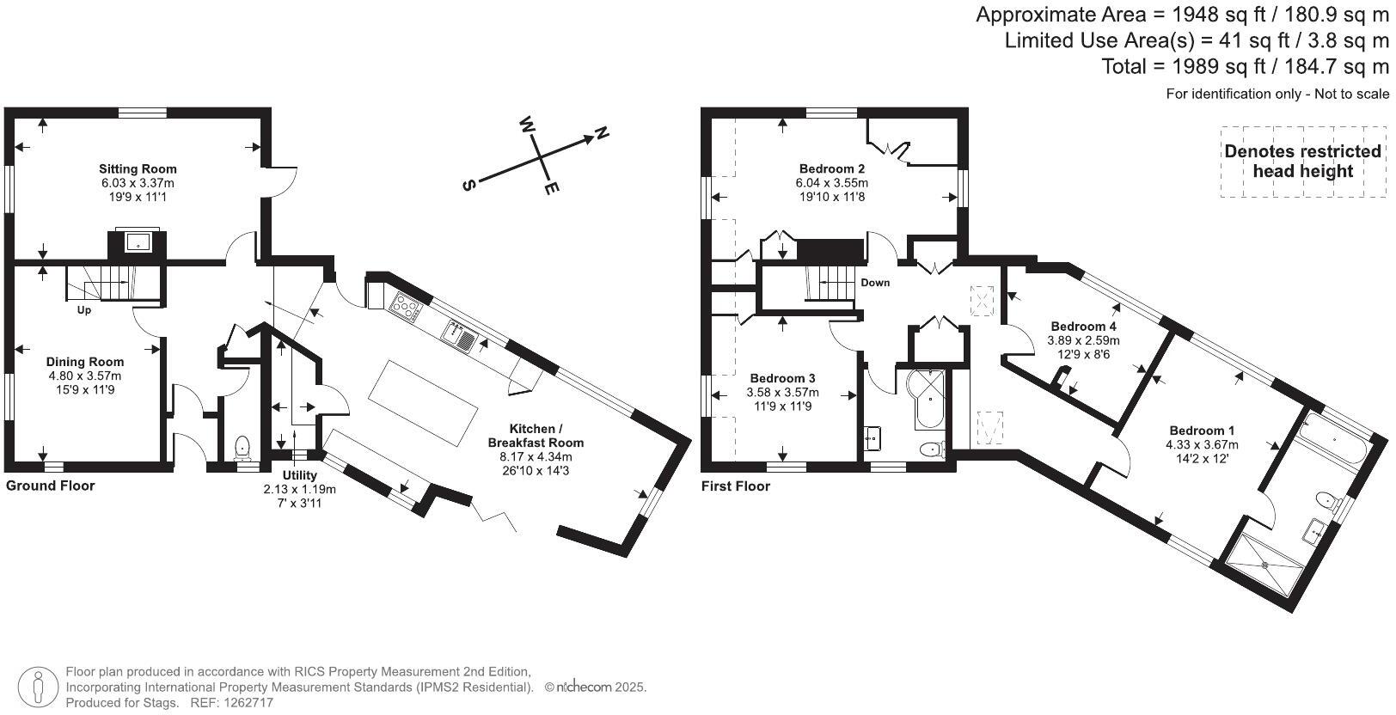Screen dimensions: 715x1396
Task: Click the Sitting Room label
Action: [138, 169]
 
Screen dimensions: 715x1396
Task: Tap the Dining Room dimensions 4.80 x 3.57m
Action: [84, 376]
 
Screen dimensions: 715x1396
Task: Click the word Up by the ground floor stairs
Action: [84, 310]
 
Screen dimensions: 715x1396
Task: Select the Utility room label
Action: [299, 475]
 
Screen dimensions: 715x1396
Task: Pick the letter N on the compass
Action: [602, 133]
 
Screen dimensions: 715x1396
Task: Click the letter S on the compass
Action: [468, 186]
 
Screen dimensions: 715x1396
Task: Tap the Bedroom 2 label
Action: [831, 169]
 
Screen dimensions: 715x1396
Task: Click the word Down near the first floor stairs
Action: [875, 283]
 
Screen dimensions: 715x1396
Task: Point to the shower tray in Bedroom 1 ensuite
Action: [1268, 563]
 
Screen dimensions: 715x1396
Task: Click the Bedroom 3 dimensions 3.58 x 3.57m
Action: [782, 393]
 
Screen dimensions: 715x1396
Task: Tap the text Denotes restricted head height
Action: [1302, 161]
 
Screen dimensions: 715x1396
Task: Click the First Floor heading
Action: [735, 486]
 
